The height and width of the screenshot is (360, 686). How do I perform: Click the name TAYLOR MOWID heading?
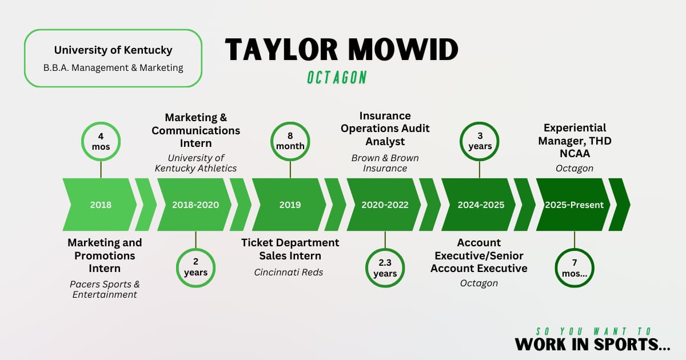341,49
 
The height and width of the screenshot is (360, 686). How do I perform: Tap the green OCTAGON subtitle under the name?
337,78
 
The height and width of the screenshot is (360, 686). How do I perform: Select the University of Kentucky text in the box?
113,50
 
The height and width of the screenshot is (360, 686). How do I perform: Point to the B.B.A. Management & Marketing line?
113,67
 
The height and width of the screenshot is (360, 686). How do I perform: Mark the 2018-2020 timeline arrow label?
196,205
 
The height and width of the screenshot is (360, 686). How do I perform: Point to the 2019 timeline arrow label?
290,205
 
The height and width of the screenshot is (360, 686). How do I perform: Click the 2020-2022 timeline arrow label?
385,205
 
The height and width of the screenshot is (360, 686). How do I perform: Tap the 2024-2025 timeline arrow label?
481,205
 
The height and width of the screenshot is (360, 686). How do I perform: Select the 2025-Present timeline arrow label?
574,205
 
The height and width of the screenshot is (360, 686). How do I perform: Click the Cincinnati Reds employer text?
289,272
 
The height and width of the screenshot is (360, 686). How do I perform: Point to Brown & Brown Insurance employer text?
385,163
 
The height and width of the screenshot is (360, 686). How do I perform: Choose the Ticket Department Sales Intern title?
290,249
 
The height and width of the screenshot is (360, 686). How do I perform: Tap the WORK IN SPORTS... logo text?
593,345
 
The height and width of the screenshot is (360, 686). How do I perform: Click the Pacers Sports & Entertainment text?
105,289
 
